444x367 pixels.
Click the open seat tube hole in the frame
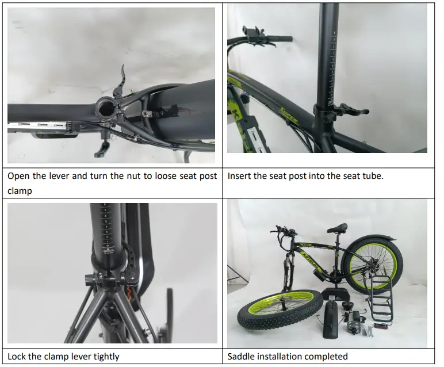[x=106, y=108]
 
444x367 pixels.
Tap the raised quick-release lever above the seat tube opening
[x=120, y=82]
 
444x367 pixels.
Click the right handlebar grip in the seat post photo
[x=280, y=39]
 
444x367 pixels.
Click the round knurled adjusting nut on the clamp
[x=88, y=280]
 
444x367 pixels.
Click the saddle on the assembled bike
[x=338, y=228]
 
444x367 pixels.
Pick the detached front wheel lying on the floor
[x=280, y=310]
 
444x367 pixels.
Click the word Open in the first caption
[x=18, y=176]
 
